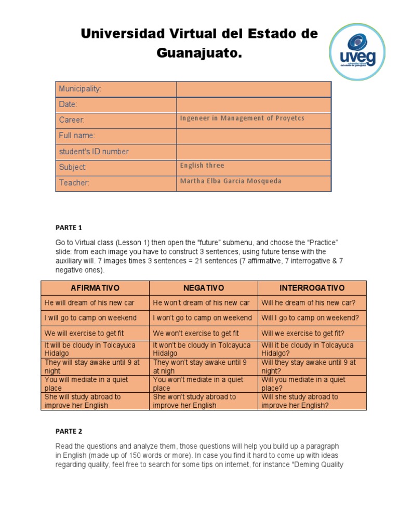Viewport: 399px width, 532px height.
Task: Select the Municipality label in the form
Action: pyautogui.click(x=80, y=89)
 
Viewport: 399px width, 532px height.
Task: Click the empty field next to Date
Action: pyautogui.click(x=254, y=104)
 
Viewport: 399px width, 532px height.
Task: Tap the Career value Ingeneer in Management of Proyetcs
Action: pyautogui.click(x=242, y=118)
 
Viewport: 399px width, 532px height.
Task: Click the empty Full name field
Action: pyautogui.click(x=254, y=136)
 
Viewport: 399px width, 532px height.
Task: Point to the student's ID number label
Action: pyautogui.click(x=94, y=152)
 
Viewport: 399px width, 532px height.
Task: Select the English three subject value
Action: pyautogui.click(x=202, y=166)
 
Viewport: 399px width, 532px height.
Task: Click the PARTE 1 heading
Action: pyautogui.click(x=69, y=228)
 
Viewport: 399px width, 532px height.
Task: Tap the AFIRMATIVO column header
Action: pyautogui.click(x=95, y=288)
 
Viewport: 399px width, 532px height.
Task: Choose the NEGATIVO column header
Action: pyautogui.click(x=203, y=288)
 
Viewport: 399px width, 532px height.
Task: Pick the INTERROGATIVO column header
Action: pyautogui.click(x=312, y=288)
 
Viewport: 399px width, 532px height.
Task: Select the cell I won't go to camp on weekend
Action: pyautogui.click(x=202, y=318)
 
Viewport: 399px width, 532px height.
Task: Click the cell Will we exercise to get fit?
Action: pyautogui.click(x=303, y=334)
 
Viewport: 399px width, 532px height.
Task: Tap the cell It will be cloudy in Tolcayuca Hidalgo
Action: pyautogui.click(x=95, y=349)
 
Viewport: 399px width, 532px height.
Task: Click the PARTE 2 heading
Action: pyautogui.click(x=69, y=431)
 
